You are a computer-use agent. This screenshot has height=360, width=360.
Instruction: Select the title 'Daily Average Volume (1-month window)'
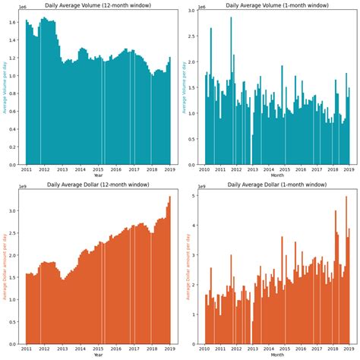[x=276, y=5]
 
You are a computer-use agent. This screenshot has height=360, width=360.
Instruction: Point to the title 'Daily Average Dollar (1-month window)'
[x=276, y=185]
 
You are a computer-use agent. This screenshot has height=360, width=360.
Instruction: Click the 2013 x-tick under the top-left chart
[x=62, y=169]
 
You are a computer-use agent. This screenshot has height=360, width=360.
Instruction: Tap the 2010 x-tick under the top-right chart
[x=205, y=169]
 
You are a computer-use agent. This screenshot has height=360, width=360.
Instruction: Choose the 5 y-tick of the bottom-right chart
[x=195, y=195]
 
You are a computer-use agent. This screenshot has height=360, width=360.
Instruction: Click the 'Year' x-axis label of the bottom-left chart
[x=98, y=355]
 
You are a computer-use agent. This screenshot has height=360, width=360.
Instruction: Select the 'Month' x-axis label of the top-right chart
[x=276, y=175]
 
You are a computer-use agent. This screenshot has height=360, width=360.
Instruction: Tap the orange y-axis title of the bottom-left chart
[x=5, y=267]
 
